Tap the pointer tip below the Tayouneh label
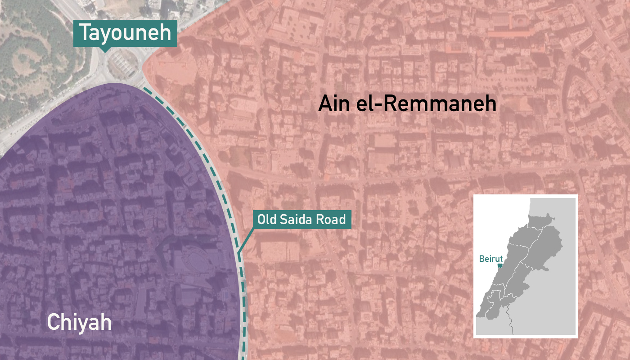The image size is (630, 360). (x=104, y=51)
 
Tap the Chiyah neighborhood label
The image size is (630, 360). (x=79, y=322)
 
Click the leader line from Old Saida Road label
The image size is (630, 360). (x=245, y=241)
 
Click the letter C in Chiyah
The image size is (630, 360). (x=53, y=322)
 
